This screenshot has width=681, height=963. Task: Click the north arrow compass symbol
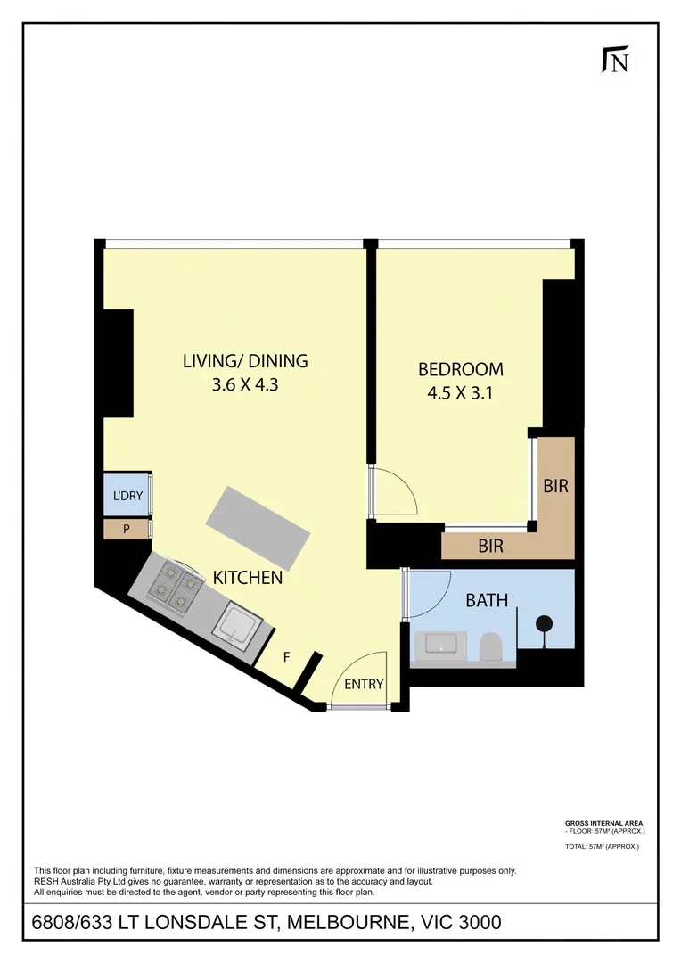[615, 60]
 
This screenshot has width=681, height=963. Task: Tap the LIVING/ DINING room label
[245, 361]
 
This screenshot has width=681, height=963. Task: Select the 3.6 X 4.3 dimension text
[245, 387]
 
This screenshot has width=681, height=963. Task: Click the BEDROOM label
[461, 368]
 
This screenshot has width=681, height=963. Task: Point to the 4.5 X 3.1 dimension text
[461, 393]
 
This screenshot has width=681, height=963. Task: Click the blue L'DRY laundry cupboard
[126, 496]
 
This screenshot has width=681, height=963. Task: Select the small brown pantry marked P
[126, 529]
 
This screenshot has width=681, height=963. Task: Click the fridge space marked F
[286, 658]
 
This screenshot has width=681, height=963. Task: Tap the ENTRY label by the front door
[364, 685]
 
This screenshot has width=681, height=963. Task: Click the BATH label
[487, 601]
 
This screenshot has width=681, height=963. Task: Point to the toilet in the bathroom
[490, 646]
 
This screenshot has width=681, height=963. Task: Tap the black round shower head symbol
[543, 623]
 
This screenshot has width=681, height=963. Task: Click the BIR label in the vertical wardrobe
[555, 487]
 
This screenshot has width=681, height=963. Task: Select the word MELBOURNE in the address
[346, 922]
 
